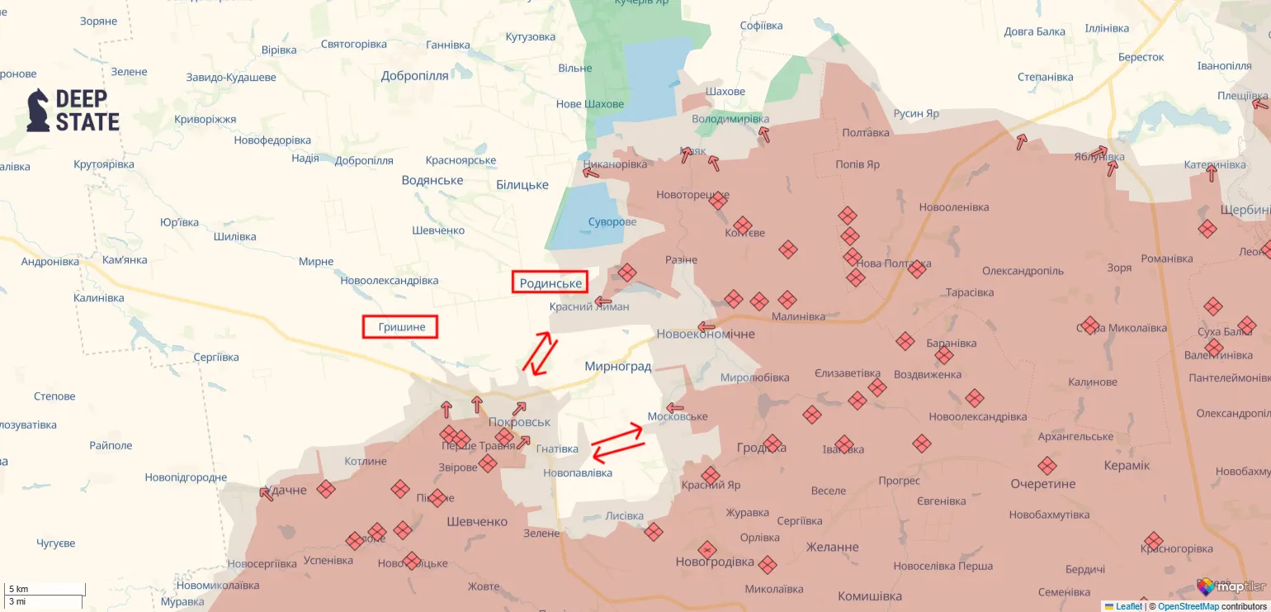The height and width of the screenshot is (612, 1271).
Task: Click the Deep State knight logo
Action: click(x=38, y=111)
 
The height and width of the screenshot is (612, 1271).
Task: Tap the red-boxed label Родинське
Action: click(x=550, y=283)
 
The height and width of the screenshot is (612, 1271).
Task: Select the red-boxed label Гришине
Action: click(x=400, y=327)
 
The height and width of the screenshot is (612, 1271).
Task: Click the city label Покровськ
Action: click(x=519, y=422)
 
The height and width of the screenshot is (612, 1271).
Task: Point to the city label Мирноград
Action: click(x=617, y=366)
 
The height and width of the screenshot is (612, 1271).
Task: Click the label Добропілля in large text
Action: click(x=414, y=76)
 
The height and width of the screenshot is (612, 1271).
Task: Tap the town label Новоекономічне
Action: click(x=705, y=334)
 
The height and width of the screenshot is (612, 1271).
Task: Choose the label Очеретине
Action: click(x=1043, y=483)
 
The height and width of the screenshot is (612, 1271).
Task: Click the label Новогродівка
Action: click(x=715, y=562)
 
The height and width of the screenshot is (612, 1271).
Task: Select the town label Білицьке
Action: click(x=522, y=185)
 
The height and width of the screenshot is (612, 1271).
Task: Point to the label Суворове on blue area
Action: click(x=612, y=222)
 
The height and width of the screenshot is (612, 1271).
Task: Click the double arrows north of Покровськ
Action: click(x=539, y=353)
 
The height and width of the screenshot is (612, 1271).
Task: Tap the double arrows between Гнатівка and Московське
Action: click(x=617, y=442)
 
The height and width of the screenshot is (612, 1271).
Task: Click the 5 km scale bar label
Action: click(x=19, y=589)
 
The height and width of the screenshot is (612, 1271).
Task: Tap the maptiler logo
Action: click(x=1231, y=587)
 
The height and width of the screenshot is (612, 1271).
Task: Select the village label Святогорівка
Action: click(x=353, y=44)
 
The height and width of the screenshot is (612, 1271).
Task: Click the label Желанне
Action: click(x=832, y=547)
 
